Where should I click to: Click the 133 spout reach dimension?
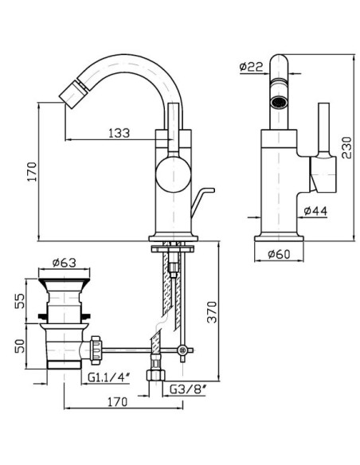pyautogui.click(x=119, y=133)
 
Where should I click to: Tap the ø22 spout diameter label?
pyautogui.click(x=251, y=67)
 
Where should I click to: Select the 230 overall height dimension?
pyautogui.click(x=346, y=147)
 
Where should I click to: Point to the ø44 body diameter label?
pyautogui.click(x=315, y=211)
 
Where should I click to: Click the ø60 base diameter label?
pyautogui.click(x=279, y=254)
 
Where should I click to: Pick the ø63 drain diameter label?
pyautogui.click(x=64, y=263)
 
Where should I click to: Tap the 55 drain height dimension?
pyautogui.click(x=21, y=301)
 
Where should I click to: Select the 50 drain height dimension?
pyautogui.click(x=21, y=346)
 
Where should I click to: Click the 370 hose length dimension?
pyautogui.click(x=213, y=311)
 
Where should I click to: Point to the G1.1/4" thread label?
pyautogui.click(x=109, y=377)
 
